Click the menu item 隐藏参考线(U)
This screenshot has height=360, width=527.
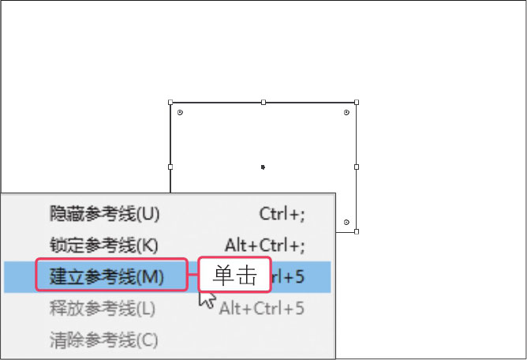click(x=104, y=213)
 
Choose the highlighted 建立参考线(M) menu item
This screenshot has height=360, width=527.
click(x=107, y=277)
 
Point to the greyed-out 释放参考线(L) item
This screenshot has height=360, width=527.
click(x=103, y=309)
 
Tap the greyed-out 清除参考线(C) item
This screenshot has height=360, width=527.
click(x=104, y=340)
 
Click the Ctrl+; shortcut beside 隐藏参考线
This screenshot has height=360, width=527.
click(x=282, y=213)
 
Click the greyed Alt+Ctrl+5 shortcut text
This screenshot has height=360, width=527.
click(x=262, y=309)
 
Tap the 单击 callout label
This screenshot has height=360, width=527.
click(x=234, y=276)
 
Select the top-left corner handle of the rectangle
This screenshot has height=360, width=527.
click(x=170, y=102)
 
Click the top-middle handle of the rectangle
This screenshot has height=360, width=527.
click(x=263, y=102)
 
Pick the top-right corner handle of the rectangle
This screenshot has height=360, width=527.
click(x=357, y=102)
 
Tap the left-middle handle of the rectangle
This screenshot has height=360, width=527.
click(x=170, y=167)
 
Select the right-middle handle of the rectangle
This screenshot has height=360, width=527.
click(x=357, y=167)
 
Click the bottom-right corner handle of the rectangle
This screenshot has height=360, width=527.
click(x=357, y=231)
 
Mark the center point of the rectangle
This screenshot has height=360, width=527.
click(x=263, y=167)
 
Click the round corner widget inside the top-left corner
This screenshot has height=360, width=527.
click(x=180, y=113)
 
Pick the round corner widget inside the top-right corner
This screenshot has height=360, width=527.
click(x=347, y=113)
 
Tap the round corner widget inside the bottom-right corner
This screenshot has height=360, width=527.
click(x=347, y=222)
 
